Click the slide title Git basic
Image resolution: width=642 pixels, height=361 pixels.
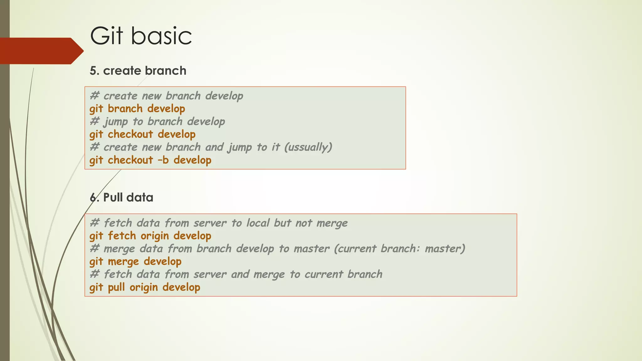[x=141, y=36]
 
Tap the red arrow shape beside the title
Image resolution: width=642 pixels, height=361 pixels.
[x=41, y=51]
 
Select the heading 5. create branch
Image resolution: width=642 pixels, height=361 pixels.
[x=138, y=71]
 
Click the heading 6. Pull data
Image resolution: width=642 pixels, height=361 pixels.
[x=122, y=197]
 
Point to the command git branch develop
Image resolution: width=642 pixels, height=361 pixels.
[x=137, y=109]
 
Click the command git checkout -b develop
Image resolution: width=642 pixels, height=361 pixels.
[x=150, y=160]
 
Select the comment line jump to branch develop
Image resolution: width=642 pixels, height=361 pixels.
[x=157, y=122]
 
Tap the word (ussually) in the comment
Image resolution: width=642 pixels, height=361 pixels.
[x=308, y=147]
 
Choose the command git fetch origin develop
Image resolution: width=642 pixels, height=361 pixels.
[x=150, y=236]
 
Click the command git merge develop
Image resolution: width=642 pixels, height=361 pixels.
[x=135, y=262]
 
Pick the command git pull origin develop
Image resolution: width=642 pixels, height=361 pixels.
[x=145, y=287]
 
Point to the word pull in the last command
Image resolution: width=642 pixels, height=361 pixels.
[x=116, y=287]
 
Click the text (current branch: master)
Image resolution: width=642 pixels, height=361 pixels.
[x=400, y=249]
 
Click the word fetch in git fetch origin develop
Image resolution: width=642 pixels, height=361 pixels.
[x=122, y=236]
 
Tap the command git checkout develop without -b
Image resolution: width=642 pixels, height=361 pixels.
[x=142, y=134]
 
